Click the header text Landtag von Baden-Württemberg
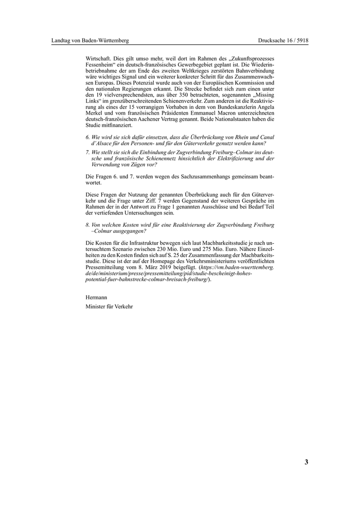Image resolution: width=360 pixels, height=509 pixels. pos(90,40)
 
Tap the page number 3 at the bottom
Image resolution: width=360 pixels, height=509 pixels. pos(306,462)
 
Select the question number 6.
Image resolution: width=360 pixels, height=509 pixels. pos(87,137)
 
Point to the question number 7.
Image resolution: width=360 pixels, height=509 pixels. pos(87,153)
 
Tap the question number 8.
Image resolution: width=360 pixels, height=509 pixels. pos(87,225)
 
